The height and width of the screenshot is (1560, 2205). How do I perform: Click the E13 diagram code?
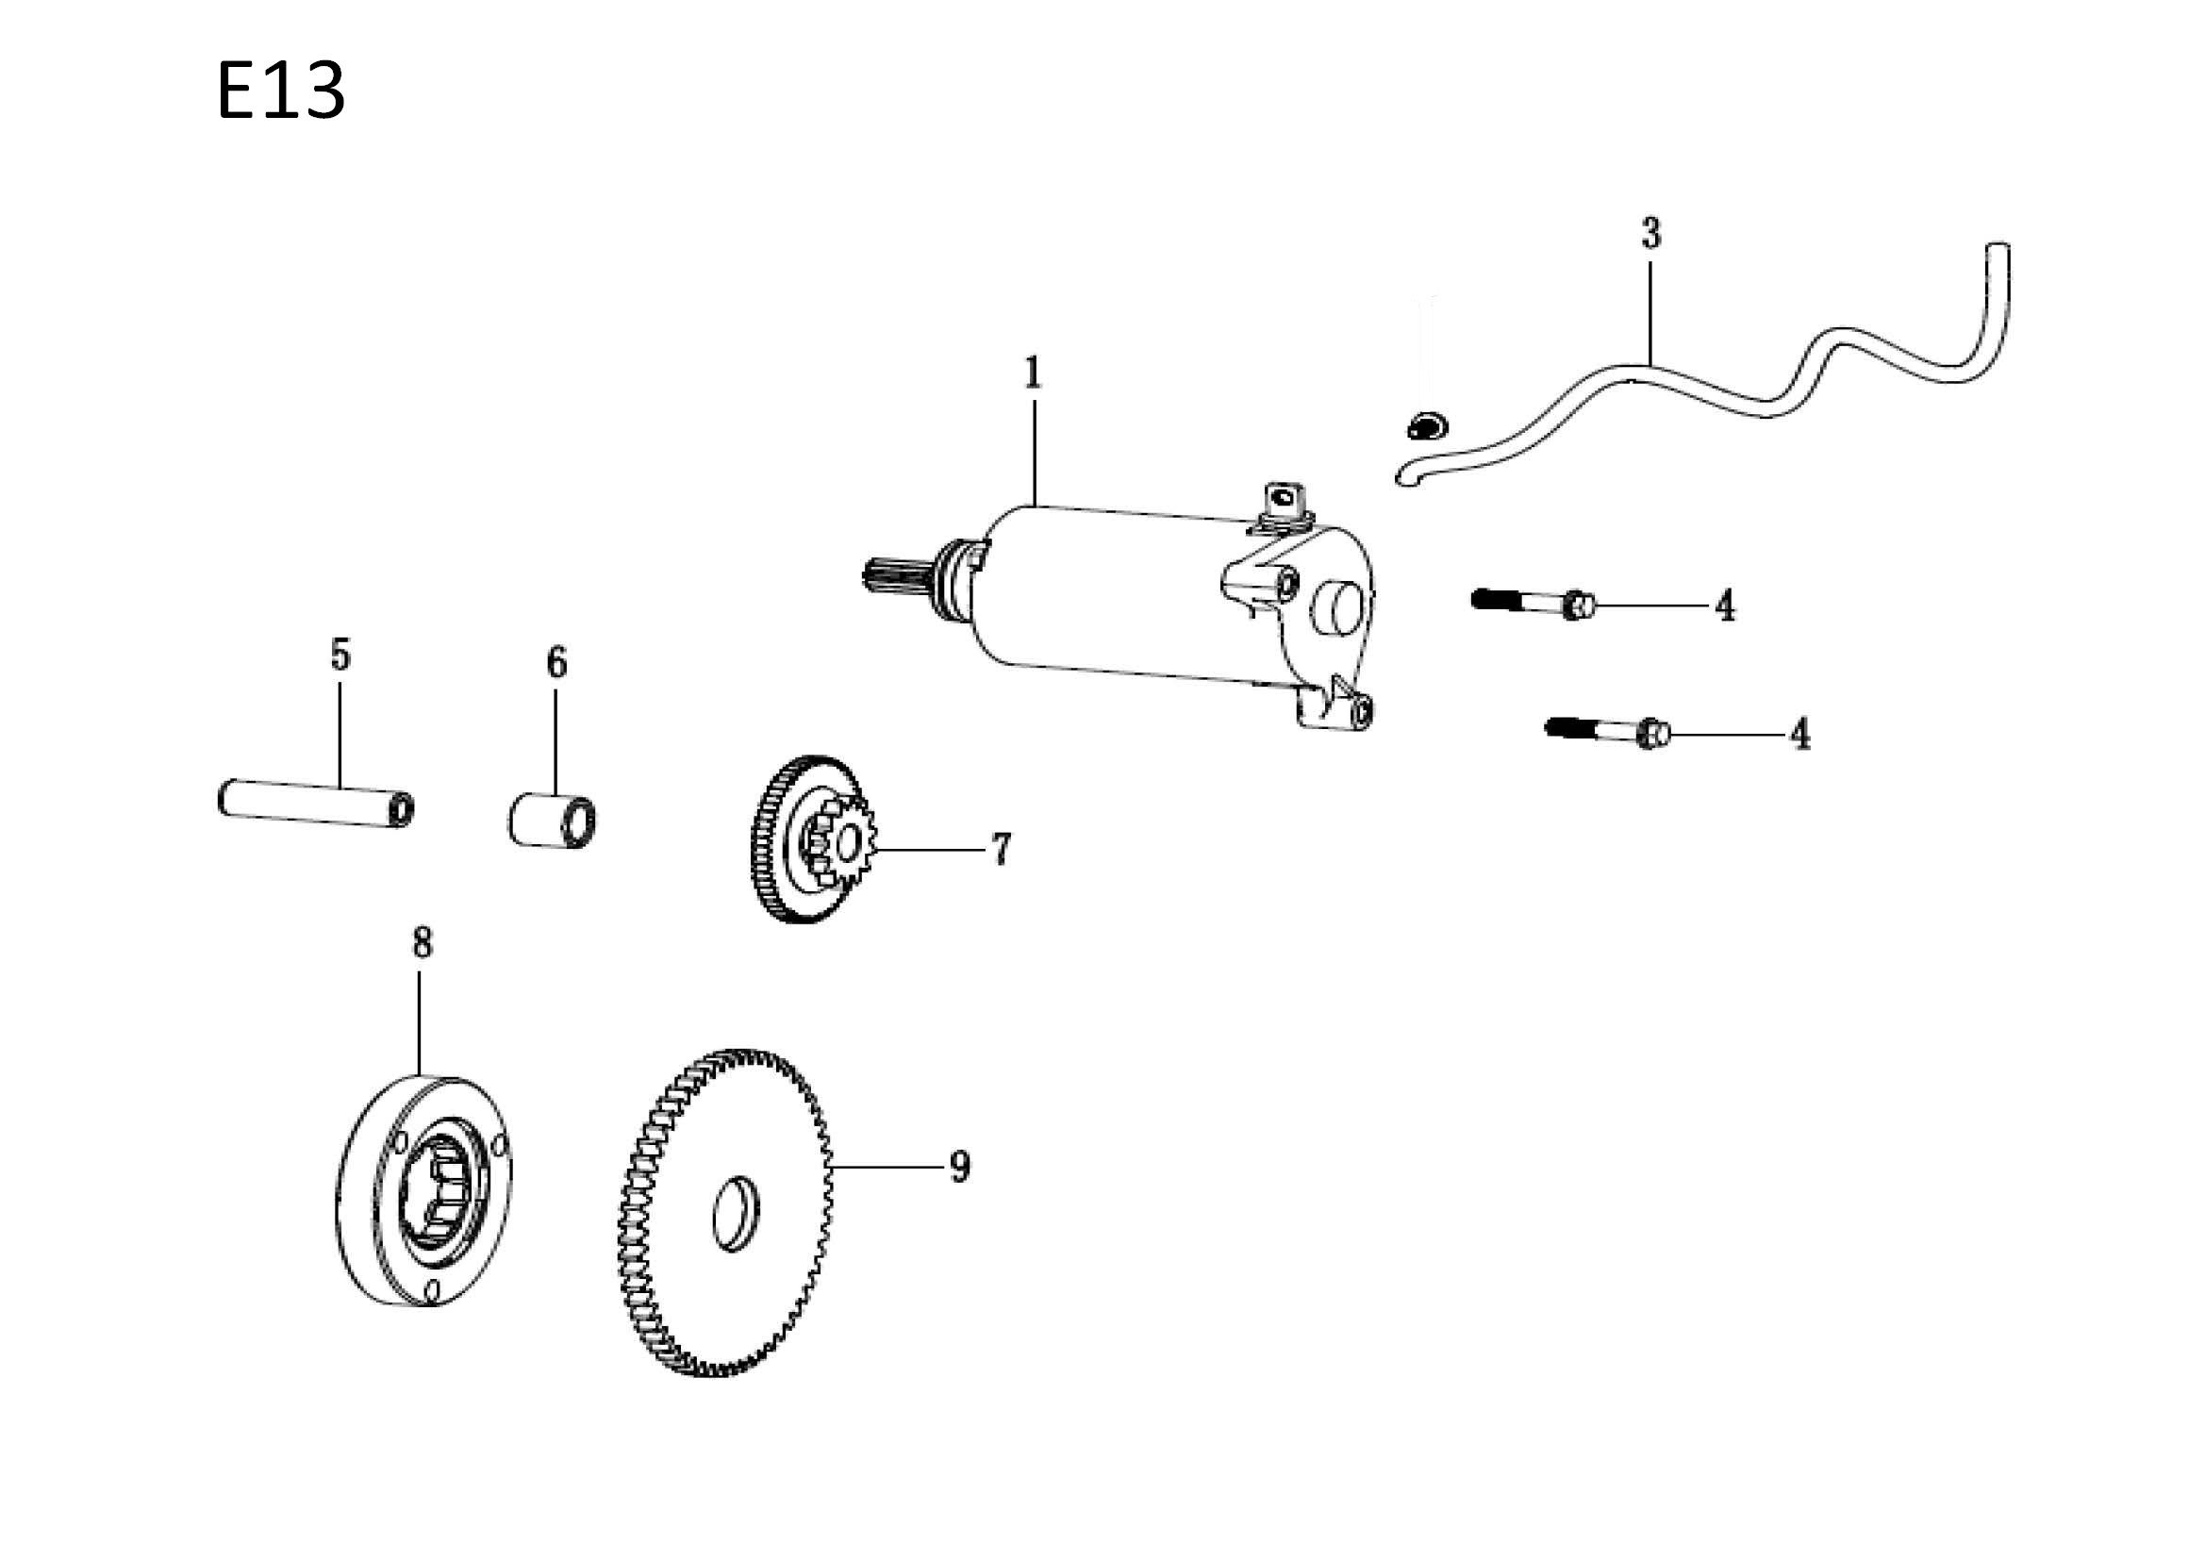280,91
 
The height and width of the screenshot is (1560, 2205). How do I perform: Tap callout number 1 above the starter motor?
1033,373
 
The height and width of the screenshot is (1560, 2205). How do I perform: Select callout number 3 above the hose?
1650,233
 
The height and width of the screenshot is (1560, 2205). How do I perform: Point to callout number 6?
557,663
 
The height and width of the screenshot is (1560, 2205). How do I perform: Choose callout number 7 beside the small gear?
1001,849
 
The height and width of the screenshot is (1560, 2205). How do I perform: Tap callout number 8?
423,943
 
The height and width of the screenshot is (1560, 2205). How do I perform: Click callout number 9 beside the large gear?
960,1167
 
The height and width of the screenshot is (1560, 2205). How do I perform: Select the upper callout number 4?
1726,606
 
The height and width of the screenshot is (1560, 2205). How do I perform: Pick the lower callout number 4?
1800,735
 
